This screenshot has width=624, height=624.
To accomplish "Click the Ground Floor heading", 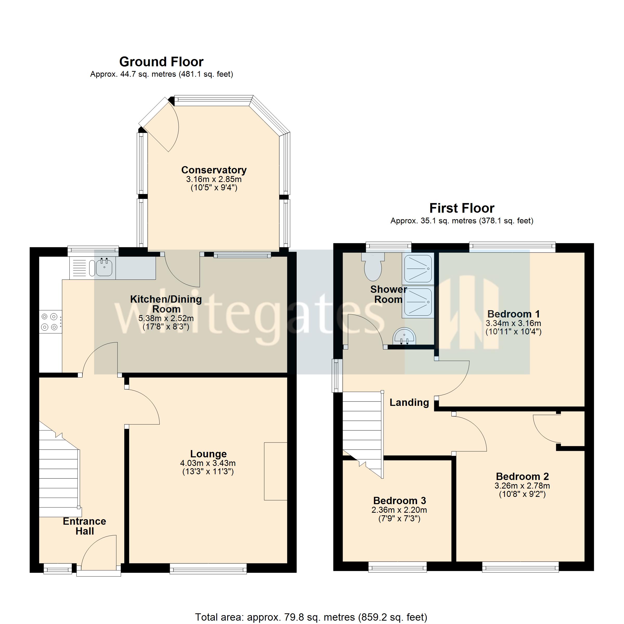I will click(161, 62).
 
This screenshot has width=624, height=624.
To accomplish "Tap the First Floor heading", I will click(461, 208).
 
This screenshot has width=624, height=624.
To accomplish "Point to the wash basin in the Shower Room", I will click(404, 337).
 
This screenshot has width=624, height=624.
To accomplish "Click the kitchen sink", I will click(104, 268).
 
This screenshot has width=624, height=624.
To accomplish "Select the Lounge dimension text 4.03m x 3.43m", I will click(208, 463).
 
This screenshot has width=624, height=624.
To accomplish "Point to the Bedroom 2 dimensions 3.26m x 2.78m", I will click(522, 486).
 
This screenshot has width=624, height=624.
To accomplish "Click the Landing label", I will click(409, 402).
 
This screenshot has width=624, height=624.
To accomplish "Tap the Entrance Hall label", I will click(84, 526).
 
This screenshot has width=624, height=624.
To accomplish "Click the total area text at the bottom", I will click(311, 617).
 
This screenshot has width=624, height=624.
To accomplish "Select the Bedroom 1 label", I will click(513, 314).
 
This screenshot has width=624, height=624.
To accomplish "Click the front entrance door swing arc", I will click(97, 554).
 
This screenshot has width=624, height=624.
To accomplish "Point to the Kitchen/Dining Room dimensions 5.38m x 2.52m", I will click(166, 318).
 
